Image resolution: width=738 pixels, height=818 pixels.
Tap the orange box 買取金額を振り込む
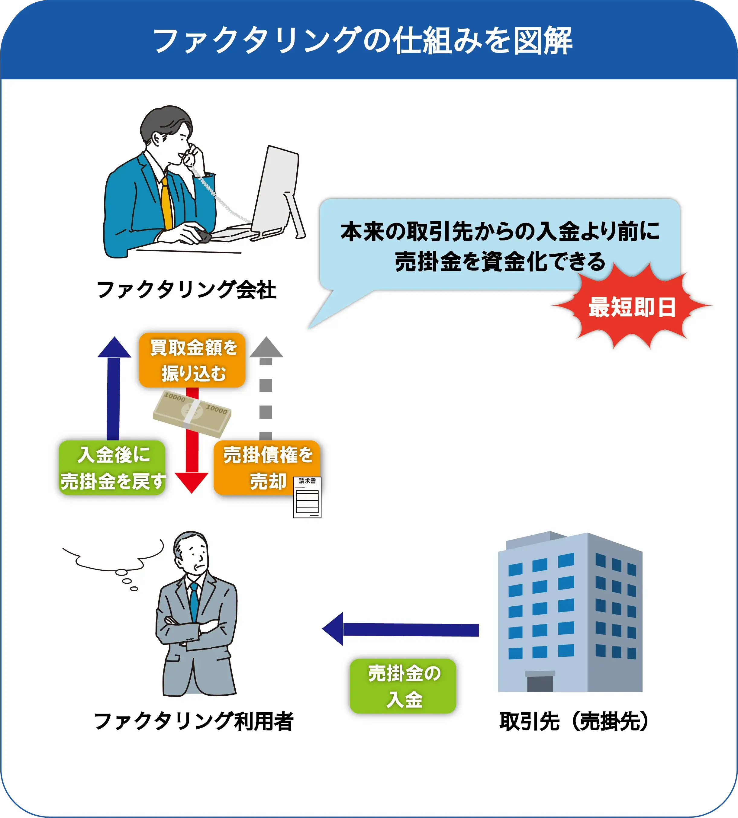[192, 360]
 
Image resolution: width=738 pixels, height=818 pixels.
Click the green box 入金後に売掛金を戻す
[112, 467]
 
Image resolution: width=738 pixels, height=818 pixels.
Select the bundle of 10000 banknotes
[192, 413]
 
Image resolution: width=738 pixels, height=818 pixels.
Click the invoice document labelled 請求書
[307, 497]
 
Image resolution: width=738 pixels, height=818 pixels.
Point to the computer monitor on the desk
[277, 191]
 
